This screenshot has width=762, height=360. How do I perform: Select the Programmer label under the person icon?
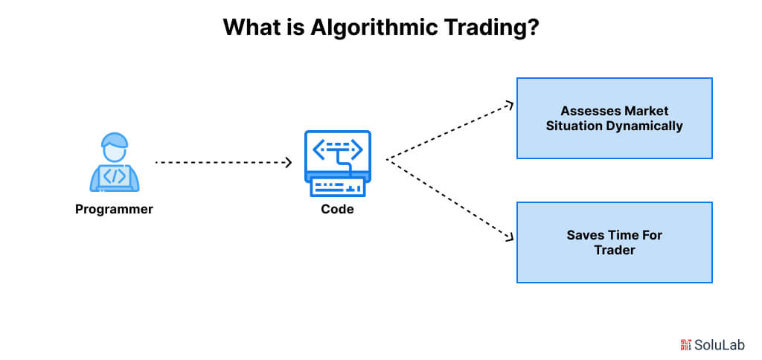114,209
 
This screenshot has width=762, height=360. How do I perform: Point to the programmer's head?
115,147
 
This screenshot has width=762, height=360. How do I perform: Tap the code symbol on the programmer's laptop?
114,177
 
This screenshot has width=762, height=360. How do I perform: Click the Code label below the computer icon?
337,209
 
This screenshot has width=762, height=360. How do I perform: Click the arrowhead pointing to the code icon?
288,161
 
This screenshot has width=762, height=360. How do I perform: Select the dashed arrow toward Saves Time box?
450,199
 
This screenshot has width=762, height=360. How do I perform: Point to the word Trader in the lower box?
615,250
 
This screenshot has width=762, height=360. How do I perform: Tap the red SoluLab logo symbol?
685,344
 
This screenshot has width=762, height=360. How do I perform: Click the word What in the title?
245,28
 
